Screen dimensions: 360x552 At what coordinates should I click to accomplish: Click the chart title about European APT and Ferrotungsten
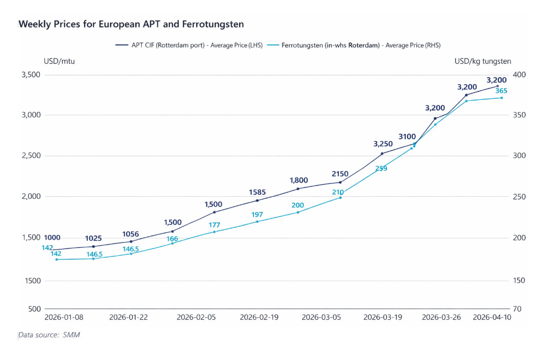[131, 24]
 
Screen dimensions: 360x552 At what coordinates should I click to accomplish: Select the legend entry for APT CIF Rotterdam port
[189, 45]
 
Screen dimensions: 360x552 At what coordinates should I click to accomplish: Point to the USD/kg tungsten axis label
[483, 62]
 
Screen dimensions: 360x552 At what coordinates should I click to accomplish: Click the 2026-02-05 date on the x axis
[196, 317]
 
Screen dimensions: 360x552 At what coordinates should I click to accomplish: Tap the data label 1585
[258, 192]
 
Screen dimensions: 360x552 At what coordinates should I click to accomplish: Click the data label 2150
[340, 174]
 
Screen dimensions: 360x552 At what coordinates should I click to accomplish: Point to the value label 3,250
[383, 144]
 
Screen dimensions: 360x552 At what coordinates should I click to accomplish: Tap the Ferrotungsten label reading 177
[214, 225]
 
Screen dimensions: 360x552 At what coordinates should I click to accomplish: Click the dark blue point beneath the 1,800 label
[298, 189]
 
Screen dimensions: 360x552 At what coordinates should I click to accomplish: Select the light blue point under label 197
[257, 221]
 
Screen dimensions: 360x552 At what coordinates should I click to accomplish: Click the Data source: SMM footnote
[49, 335]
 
